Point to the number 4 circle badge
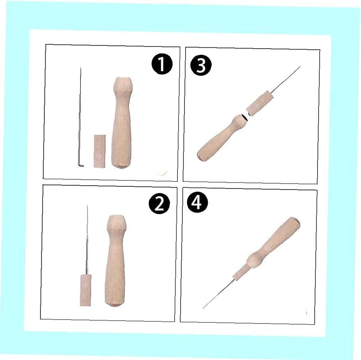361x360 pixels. [x=197, y=204]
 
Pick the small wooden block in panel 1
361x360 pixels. [x=100, y=150]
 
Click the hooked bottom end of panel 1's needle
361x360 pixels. [x=82, y=166]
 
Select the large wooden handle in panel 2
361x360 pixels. [x=115, y=264]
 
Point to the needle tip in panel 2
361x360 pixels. [x=87, y=206]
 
